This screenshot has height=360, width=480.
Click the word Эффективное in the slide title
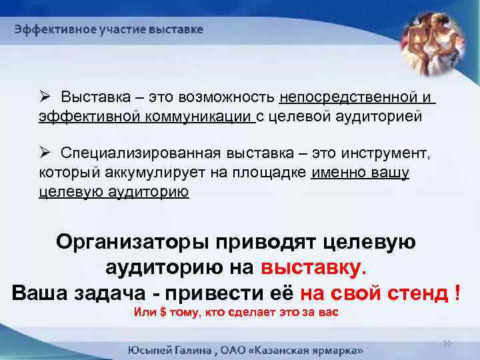click(46, 30)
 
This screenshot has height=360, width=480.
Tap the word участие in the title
click(105, 30)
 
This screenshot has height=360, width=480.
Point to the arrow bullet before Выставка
click(43, 98)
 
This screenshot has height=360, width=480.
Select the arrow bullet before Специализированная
click(43, 155)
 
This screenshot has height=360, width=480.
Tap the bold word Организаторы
click(127, 241)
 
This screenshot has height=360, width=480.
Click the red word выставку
click(314, 267)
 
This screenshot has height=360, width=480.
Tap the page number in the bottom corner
click(447, 343)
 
